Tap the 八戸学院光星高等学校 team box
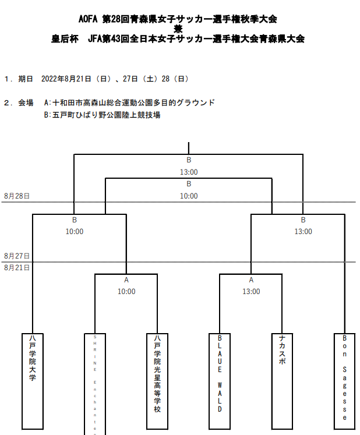coord(157,380)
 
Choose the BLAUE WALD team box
coord(220,380)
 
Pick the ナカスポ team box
coord(283,380)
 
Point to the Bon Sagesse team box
coord(345,380)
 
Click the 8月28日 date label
coord(16,196)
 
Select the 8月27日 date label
coord(16,256)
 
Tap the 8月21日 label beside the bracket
coord(16,267)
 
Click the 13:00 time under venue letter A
coord(251,291)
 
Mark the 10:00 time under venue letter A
coord(126,291)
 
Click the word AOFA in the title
coord(89,19)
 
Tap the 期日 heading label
coord(26,79)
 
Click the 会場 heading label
coord(26,103)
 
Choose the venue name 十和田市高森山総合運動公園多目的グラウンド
coord(133,103)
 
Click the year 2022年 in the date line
coord(54,79)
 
